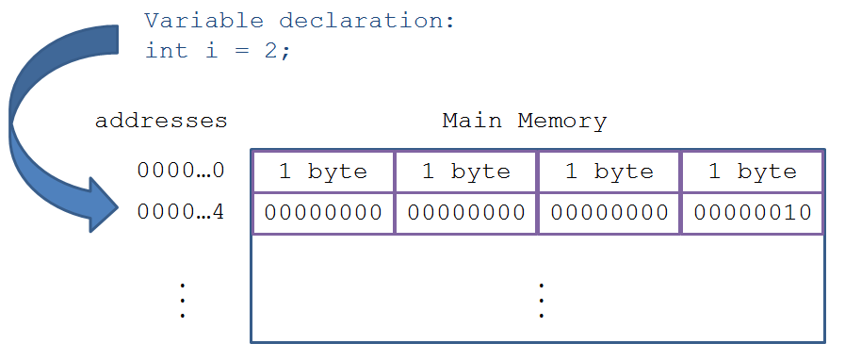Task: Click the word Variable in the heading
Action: click(204, 21)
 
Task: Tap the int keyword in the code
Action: click(167, 51)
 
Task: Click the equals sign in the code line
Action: click(241, 52)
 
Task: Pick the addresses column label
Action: click(161, 121)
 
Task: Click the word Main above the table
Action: click(472, 121)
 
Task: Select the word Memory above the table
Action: click(562, 122)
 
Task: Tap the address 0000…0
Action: click(181, 171)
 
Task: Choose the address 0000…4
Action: click(181, 212)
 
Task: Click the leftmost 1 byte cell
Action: click(323, 172)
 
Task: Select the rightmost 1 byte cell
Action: click(753, 172)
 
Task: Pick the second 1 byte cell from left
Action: click(466, 172)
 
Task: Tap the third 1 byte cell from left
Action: click(609, 172)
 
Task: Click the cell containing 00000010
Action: click(753, 213)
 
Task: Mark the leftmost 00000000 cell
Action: click(323, 213)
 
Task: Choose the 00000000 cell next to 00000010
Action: click(609, 213)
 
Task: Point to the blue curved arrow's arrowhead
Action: click(104, 205)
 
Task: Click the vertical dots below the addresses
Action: click(183, 301)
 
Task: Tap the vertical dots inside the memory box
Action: click(541, 301)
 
